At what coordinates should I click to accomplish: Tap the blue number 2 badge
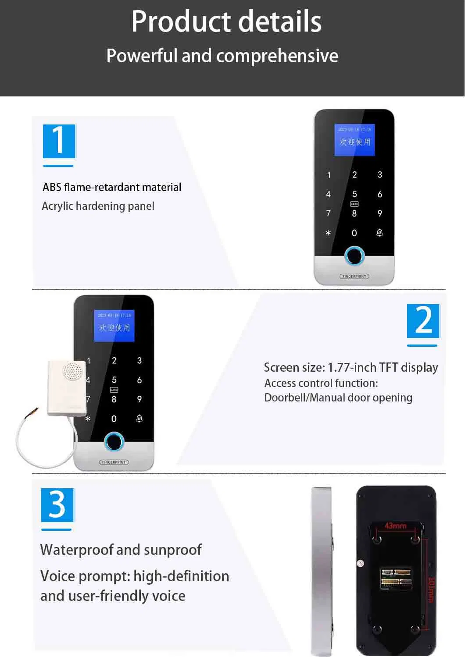(423, 321)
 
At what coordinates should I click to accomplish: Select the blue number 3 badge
(57, 504)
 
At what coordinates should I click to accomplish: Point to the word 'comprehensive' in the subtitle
(277, 56)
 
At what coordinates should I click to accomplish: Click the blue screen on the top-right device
(354, 140)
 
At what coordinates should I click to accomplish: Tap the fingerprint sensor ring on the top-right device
(354, 256)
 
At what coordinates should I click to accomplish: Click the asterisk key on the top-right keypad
(328, 233)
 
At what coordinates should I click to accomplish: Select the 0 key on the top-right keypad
(354, 233)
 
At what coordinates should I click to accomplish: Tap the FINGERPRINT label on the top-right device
(354, 277)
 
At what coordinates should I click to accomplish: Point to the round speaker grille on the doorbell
(72, 372)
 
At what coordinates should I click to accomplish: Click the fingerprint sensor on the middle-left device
(114, 442)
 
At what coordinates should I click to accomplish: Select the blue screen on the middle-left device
(114, 326)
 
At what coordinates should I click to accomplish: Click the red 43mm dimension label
(395, 526)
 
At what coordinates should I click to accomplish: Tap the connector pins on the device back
(396, 577)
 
